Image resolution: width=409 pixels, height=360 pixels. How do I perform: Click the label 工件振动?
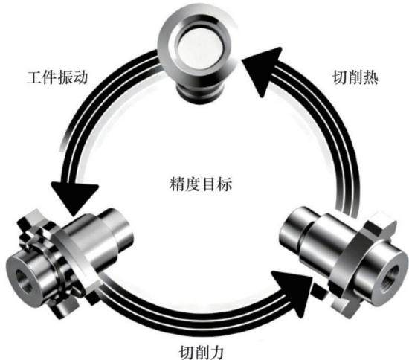pos(57,77)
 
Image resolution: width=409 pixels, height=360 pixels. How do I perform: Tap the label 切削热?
pos(355,77)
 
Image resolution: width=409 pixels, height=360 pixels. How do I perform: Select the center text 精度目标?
pos(201,184)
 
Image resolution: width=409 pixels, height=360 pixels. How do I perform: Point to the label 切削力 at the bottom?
pos(202,352)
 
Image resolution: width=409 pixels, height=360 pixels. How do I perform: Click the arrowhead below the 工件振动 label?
pos(74,197)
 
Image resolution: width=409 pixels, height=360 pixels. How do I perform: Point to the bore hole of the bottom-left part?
pos(24,280)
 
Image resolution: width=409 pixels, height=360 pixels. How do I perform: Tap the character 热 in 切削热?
pos(371,77)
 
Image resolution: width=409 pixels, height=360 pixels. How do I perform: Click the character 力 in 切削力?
pos(216,352)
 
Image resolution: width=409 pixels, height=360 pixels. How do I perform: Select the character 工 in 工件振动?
pos(34,77)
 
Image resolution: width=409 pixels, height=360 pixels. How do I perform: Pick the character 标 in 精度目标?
pos(225,184)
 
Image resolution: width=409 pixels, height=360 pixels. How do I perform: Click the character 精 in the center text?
pos(177,184)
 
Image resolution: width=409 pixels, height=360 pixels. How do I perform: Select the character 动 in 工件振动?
pos(80,77)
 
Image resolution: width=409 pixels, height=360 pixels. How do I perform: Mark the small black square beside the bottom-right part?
pos(319,292)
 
